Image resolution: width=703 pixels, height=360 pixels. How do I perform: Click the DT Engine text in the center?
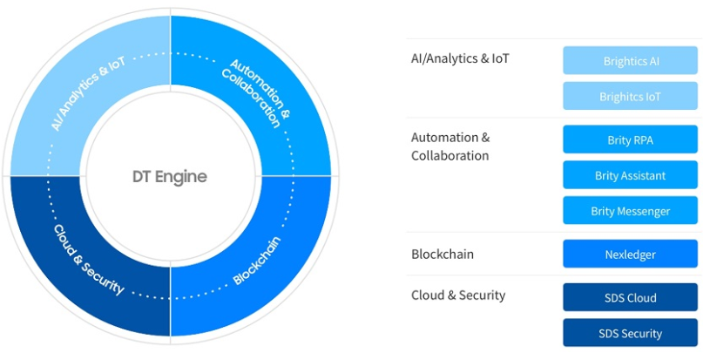coord(170,176)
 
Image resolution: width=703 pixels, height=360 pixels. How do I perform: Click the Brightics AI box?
coord(630,61)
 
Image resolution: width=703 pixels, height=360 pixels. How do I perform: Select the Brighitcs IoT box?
coord(630,97)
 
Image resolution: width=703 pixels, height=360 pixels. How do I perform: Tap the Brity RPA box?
coord(630,139)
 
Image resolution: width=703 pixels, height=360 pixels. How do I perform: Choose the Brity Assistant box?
coord(630,175)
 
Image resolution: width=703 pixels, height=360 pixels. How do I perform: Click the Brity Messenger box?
coord(630,211)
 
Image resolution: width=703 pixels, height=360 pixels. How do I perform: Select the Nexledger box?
coord(630,255)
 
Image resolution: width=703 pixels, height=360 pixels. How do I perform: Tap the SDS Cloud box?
coord(630,297)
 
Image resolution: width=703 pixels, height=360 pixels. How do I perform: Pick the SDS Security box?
coord(630,333)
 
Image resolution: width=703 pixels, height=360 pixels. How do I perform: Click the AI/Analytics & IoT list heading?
coord(460,59)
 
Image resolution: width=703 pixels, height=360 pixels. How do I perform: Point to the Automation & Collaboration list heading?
coord(450,146)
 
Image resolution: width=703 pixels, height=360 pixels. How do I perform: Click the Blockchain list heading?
coord(442,255)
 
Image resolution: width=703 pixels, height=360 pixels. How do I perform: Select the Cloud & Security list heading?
coord(458,295)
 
